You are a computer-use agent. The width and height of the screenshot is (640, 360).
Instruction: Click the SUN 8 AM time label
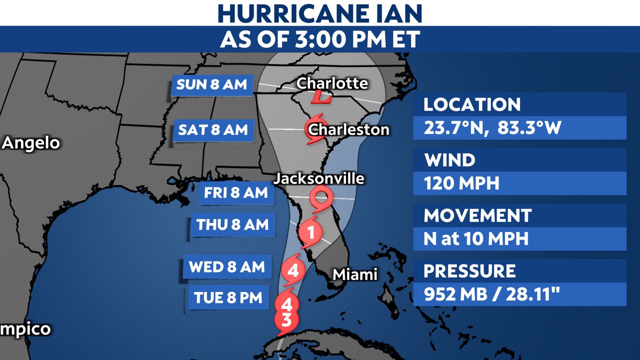click(212, 84)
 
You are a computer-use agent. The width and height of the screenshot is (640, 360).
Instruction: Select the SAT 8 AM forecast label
click(213, 130)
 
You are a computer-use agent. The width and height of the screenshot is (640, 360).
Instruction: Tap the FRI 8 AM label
click(236, 193)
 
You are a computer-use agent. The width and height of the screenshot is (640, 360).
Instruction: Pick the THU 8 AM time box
click(232, 225)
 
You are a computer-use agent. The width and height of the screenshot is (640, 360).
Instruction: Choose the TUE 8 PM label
click(228, 297)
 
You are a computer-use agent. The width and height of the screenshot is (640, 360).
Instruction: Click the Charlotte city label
click(332, 83)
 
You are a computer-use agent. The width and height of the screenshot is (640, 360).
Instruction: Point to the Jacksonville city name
click(319, 178)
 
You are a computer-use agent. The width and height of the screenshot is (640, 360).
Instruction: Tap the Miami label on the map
click(354, 274)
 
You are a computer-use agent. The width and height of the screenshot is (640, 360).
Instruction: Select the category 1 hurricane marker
click(310, 232)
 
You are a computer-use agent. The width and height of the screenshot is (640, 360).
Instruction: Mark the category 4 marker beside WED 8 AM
click(293, 271)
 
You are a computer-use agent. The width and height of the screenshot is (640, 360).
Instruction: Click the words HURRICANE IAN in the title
click(320, 13)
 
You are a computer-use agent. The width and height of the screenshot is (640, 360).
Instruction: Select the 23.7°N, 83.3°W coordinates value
click(492, 128)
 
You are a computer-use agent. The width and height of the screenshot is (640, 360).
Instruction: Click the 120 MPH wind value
click(461, 183)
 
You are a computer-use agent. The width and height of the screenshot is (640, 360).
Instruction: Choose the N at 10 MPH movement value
click(476, 238)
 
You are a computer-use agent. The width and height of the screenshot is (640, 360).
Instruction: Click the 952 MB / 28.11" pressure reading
click(490, 294)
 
